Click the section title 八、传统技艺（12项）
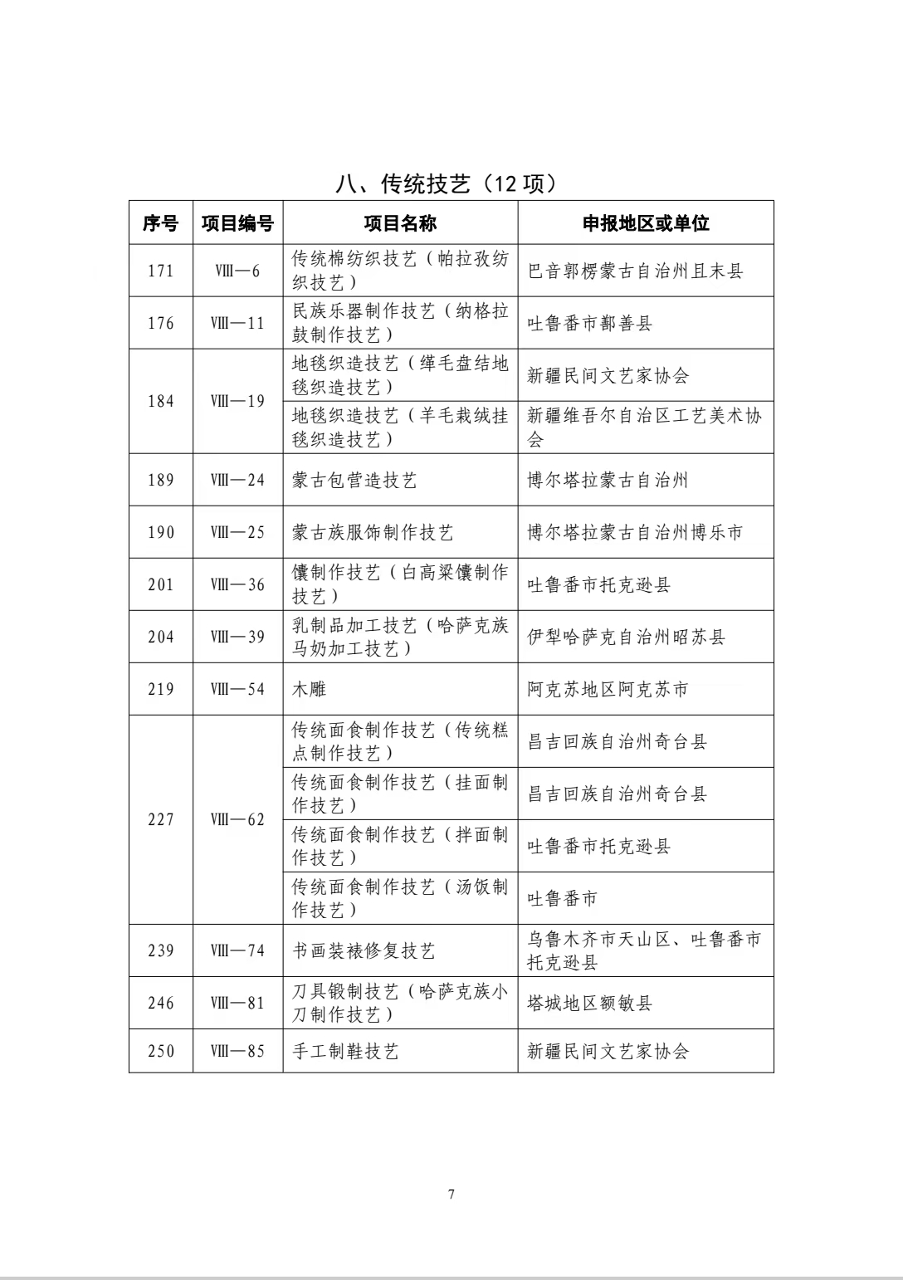point(446,183)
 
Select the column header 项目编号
point(237,222)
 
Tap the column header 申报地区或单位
point(645,222)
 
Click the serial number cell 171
point(161,271)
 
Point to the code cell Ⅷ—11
point(237,323)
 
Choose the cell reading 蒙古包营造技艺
point(354,480)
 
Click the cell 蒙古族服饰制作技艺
point(373,532)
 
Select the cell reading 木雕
point(309,689)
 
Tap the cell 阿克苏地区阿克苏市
point(608,689)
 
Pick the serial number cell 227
point(161,819)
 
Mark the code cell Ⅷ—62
point(237,819)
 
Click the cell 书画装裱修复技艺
point(364,950)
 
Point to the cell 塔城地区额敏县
point(589,1003)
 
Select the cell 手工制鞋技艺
point(345,1051)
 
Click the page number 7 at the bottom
point(451,1195)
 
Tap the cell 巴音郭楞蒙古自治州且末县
point(635,271)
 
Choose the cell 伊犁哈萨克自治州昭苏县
point(626,637)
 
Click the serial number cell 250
point(161,1051)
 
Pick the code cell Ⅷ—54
point(237,689)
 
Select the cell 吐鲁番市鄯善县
point(589,323)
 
